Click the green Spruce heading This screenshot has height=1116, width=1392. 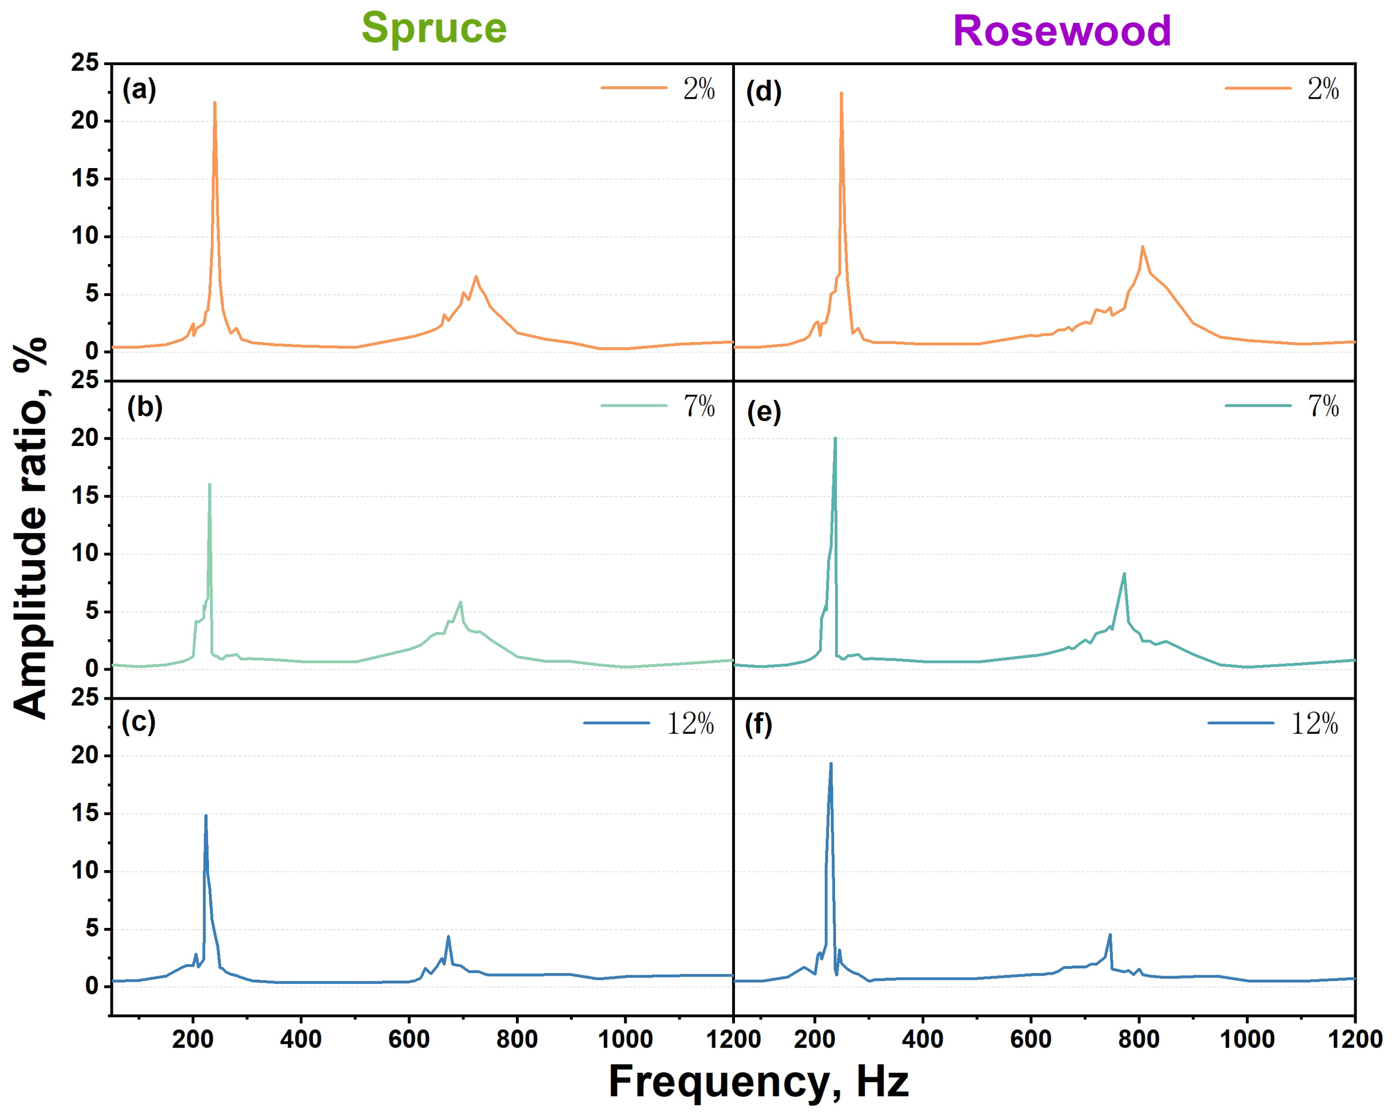[x=434, y=28]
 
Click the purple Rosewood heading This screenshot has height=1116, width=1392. [x=1061, y=31]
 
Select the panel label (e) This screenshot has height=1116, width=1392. [x=764, y=411]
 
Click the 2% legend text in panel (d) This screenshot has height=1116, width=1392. [x=1323, y=88]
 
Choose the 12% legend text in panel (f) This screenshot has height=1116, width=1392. [x=1314, y=723]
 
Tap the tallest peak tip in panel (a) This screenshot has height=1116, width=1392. [x=214, y=102]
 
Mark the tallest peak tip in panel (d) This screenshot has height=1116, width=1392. [x=841, y=94]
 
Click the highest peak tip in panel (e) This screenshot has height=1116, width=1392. [x=835, y=439]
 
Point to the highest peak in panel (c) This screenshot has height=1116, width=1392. [x=206, y=816]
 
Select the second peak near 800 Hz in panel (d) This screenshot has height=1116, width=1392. [x=1142, y=247]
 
